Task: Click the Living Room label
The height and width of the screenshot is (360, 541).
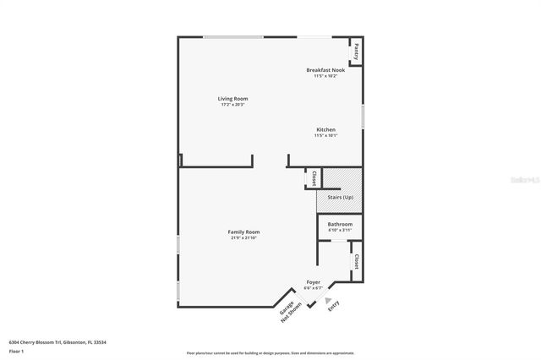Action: [233, 99]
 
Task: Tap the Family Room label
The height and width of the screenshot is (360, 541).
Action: [243, 232]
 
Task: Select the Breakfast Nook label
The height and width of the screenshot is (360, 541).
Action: [325, 70]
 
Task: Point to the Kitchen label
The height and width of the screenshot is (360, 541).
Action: [325, 129]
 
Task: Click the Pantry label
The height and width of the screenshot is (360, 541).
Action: [357, 50]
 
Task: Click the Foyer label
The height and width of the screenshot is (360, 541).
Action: [314, 282]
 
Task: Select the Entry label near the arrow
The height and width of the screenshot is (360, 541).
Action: [333, 306]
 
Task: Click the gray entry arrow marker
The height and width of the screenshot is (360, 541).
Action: [328, 288]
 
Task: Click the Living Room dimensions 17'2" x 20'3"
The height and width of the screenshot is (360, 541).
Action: [233, 105]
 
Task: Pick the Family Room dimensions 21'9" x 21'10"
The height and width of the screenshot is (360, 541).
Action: [243, 237]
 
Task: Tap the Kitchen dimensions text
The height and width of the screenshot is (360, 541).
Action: [325, 135]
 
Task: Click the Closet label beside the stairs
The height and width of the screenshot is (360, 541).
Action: [314, 178]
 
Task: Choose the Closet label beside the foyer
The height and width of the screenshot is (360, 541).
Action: [357, 261]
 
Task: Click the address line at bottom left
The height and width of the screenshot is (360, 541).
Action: [57, 342]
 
